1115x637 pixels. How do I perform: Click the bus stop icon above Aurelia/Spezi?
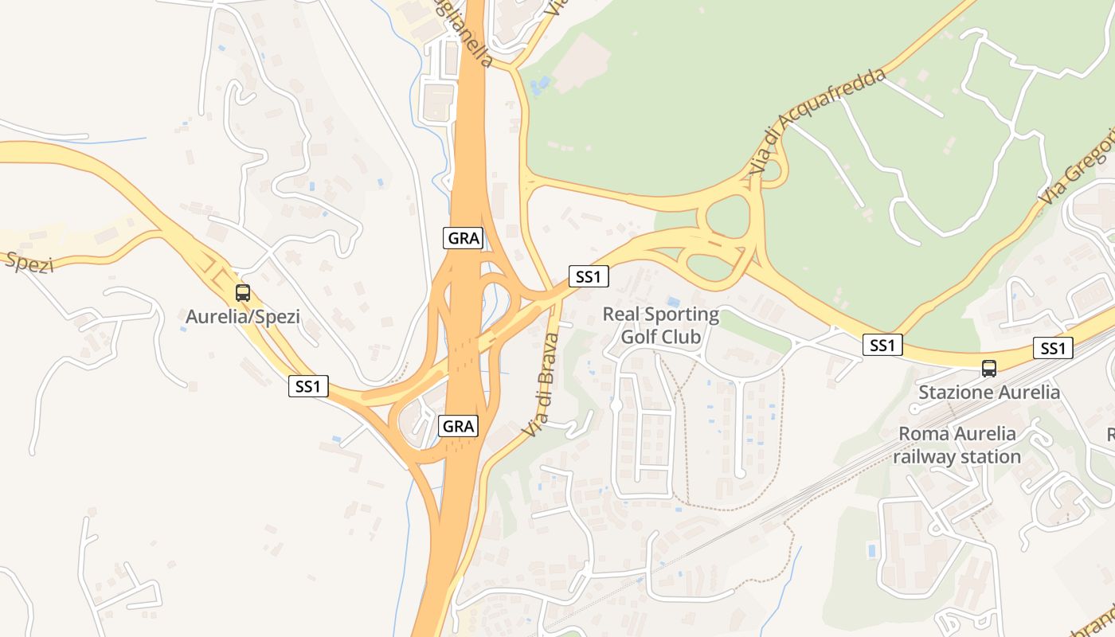(x=243, y=293)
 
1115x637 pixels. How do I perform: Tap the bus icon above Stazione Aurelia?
(x=988, y=369)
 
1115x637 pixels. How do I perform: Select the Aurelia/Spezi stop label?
(x=243, y=317)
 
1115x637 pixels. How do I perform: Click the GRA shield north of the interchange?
(x=464, y=237)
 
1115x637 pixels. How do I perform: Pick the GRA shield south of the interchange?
(x=459, y=426)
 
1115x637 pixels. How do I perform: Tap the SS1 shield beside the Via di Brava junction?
(x=589, y=277)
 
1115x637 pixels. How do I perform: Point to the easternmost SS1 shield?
(x=1053, y=348)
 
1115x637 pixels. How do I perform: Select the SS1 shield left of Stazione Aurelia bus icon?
(x=882, y=345)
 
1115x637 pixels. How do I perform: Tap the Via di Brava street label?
(x=542, y=385)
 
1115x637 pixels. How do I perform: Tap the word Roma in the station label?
(x=918, y=434)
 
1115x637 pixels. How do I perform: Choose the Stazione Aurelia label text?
(x=989, y=393)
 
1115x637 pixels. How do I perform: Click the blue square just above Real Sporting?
(x=674, y=302)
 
